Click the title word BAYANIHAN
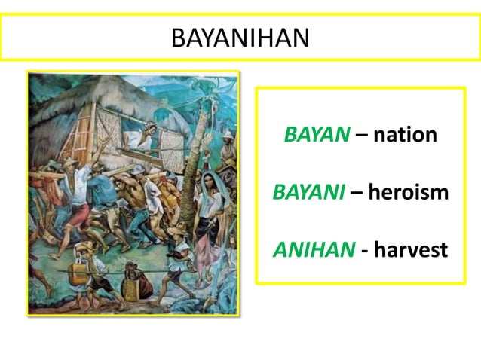click(x=240, y=38)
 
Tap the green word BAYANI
click(x=308, y=191)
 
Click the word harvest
click(x=412, y=249)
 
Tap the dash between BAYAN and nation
click(x=361, y=135)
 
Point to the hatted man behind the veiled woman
click(x=227, y=147)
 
